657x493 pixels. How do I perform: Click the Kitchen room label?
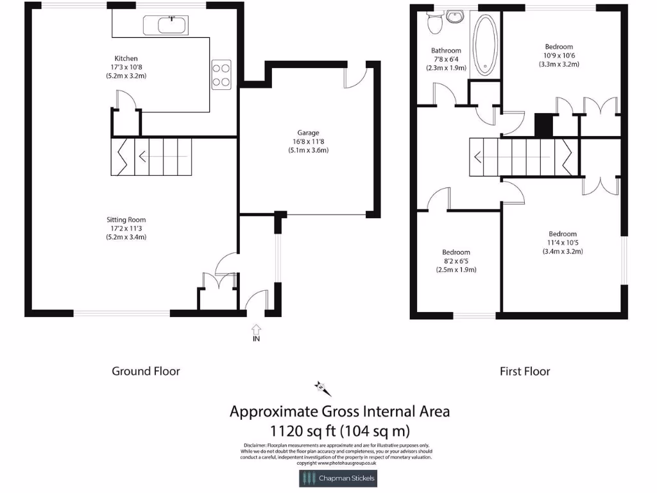click(x=126, y=58)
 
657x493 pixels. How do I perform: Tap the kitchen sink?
click(x=166, y=26)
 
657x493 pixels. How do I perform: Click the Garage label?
click(x=308, y=133)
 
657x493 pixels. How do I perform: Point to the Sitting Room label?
click(x=126, y=220)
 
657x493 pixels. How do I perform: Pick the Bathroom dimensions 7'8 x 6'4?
click(x=446, y=59)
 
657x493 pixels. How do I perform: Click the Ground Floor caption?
click(x=146, y=371)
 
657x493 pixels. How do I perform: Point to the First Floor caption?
click(x=525, y=371)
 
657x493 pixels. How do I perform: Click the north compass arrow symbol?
click(x=321, y=387)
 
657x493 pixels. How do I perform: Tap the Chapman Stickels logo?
click(x=337, y=478)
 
